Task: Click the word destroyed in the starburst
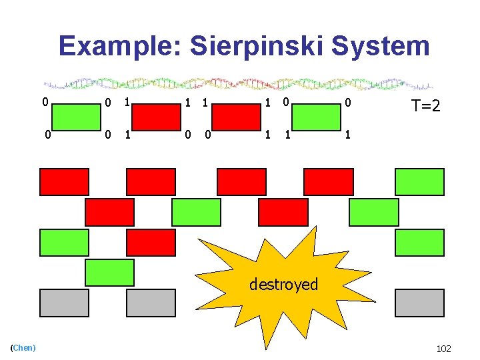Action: tap(284, 285)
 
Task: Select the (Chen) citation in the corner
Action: tap(23, 348)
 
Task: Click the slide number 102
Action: tap(443, 348)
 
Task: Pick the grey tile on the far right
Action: tap(419, 303)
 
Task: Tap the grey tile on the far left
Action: tap(64, 303)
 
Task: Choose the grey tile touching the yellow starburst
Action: tap(151, 303)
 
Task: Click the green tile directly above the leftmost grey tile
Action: tap(64, 243)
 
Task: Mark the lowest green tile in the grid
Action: tap(109, 273)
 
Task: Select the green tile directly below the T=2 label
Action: tap(419, 182)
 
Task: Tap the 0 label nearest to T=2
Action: tap(347, 103)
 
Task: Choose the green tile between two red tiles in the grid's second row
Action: tap(196, 212)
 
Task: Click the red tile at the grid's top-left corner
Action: tap(64, 182)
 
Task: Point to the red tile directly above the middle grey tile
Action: tap(151, 243)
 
